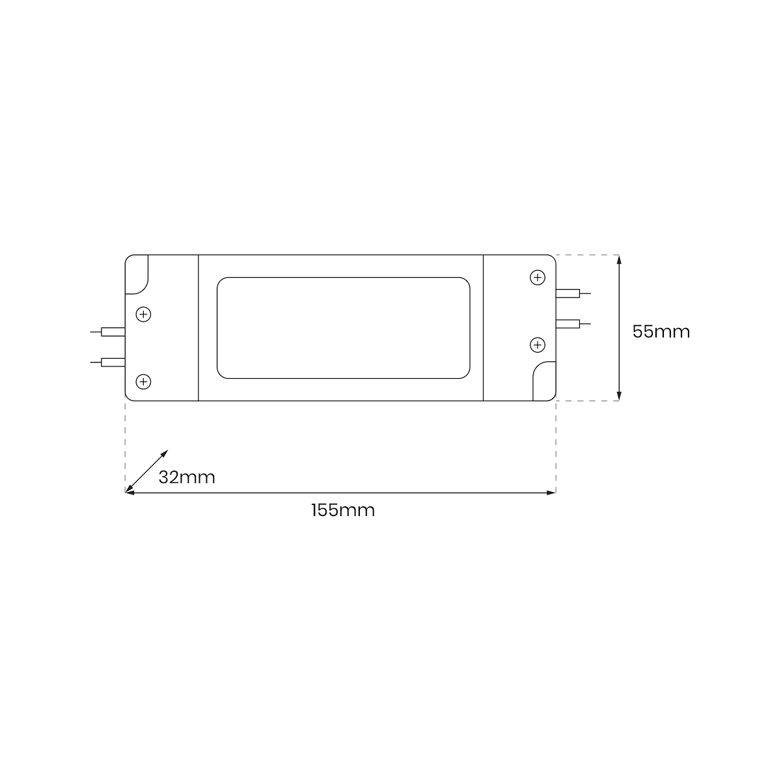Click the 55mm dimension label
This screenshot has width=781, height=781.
tap(661, 331)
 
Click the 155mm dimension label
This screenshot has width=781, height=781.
tap(343, 510)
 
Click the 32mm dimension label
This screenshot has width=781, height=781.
tap(186, 478)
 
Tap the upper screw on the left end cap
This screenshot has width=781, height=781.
tap(143, 314)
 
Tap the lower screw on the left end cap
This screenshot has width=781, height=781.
tap(143, 382)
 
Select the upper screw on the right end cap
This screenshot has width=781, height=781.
tap(538, 278)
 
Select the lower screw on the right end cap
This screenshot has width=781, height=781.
tap(538, 345)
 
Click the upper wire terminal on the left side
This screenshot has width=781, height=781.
tap(108, 332)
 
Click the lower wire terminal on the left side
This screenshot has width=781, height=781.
tap(108, 363)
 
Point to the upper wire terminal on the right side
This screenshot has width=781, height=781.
tap(573, 294)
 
